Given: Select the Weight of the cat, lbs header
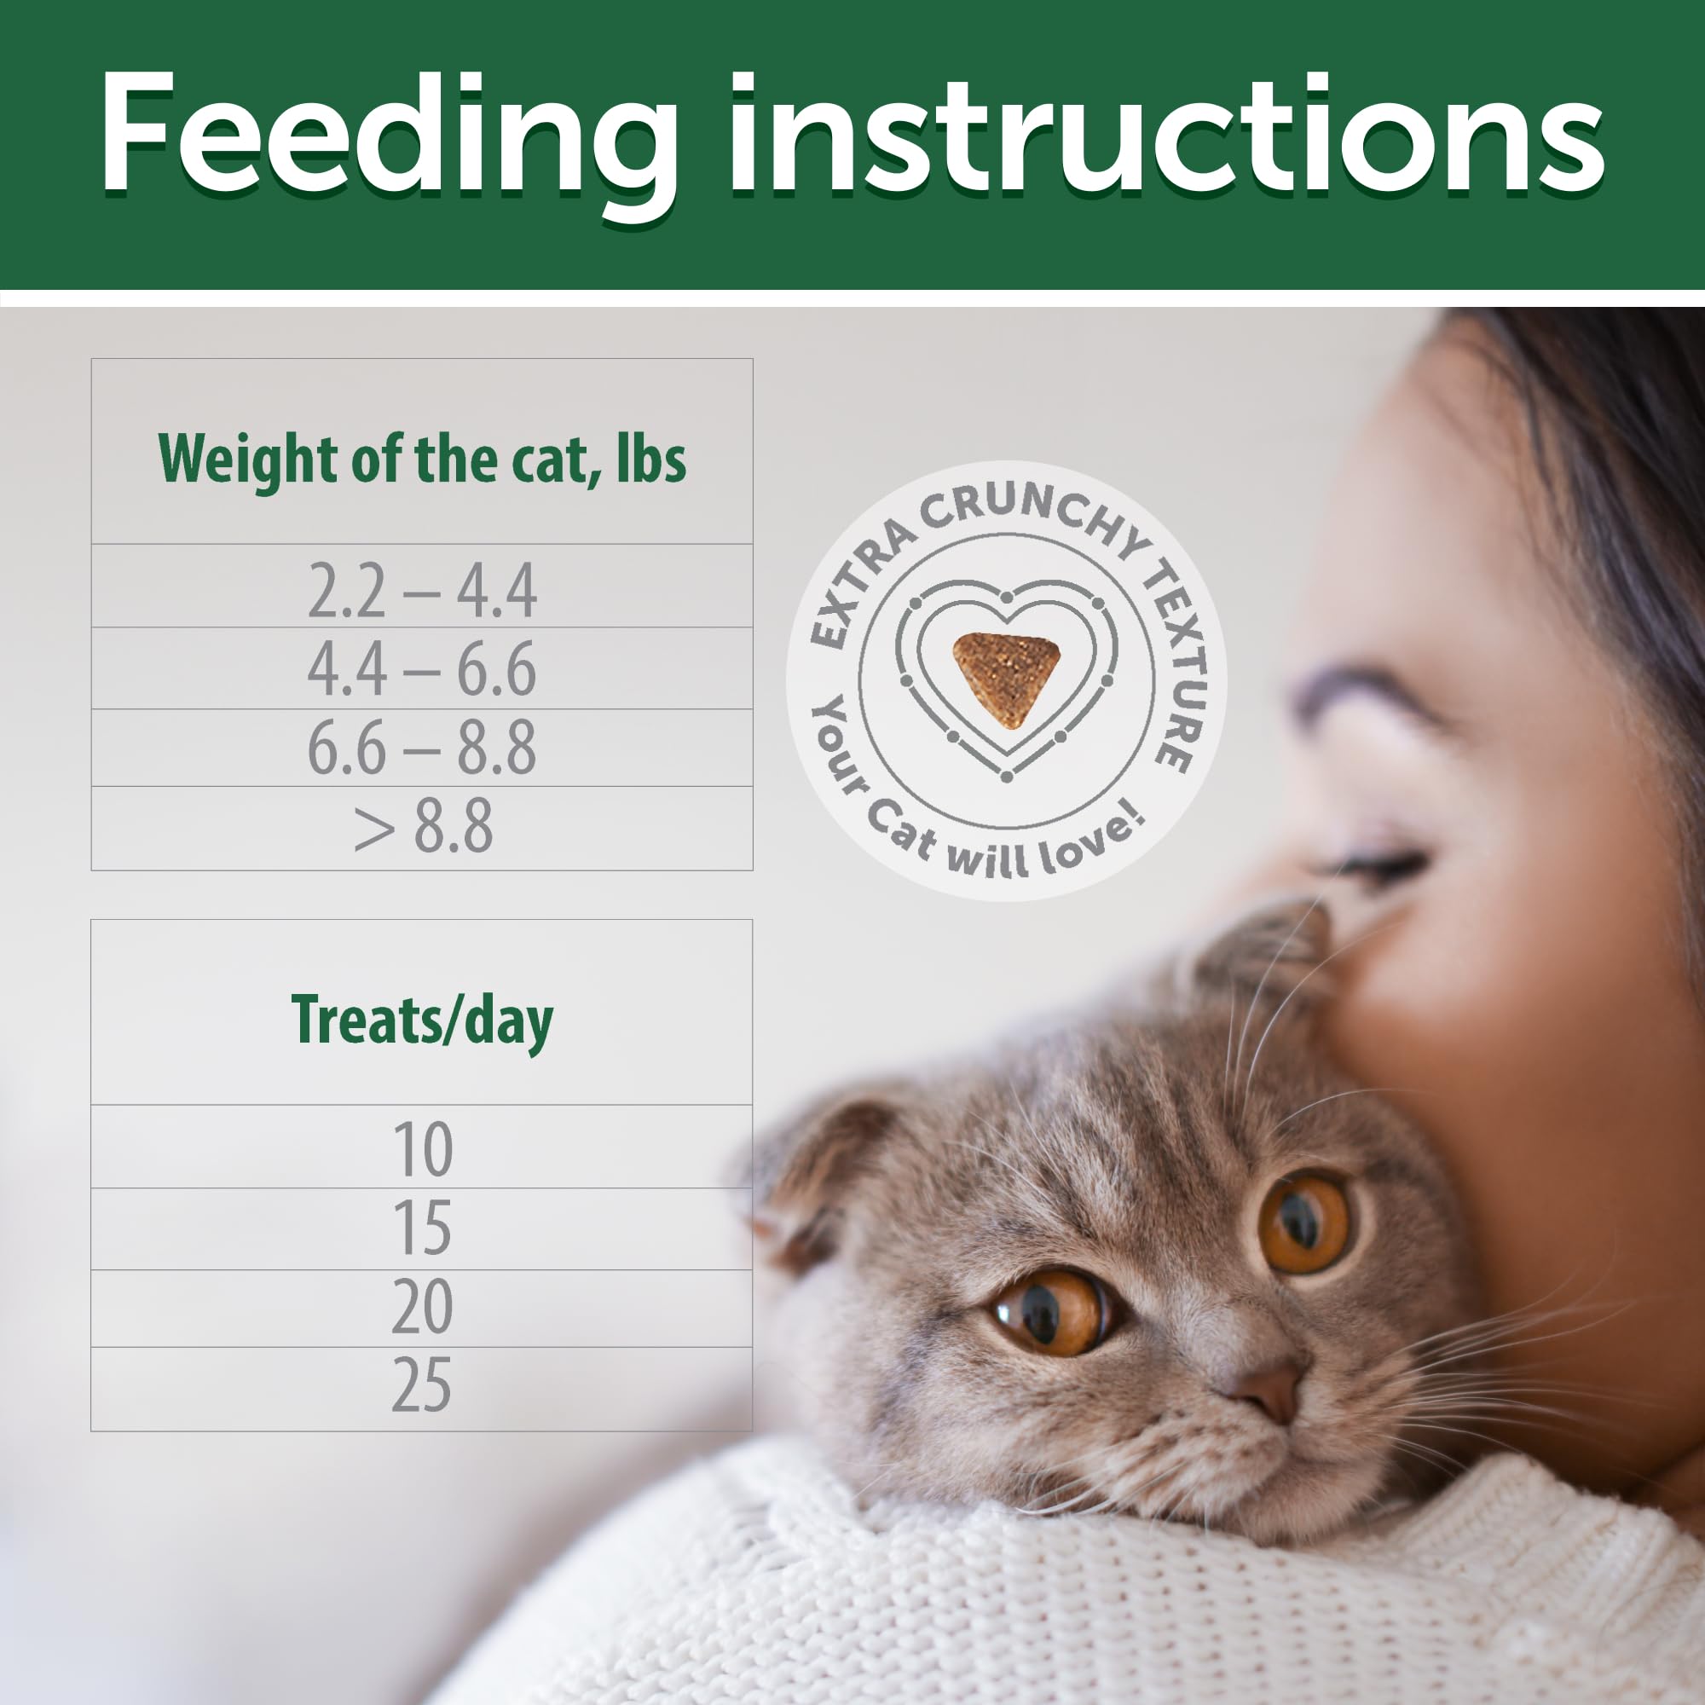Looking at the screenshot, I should click(422, 459).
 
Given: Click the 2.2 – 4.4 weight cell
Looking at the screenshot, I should click(422, 591).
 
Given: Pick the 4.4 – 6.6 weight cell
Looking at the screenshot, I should click(422, 669).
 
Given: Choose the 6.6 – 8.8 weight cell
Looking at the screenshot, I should click(422, 748).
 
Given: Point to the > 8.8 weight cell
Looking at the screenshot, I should click(422, 827).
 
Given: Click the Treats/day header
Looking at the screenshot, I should click(422, 1020).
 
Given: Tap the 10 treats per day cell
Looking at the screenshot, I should click(422, 1149).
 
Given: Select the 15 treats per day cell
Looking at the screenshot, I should click(422, 1228).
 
